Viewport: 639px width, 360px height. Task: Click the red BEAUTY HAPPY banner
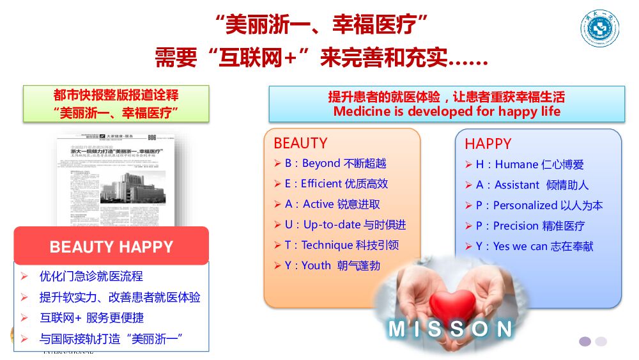pyautogui.click(x=111, y=246)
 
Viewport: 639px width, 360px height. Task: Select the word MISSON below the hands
pyautogui.click(x=450, y=329)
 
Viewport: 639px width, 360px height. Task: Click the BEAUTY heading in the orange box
pyautogui.click(x=300, y=143)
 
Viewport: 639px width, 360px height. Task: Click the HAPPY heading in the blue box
pyautogui.click(x=488, y=144)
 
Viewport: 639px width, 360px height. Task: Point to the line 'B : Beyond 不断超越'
pyautogui.click(x=335, y=164)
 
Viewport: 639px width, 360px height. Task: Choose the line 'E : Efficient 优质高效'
pyautogui.click(x=336, y=184)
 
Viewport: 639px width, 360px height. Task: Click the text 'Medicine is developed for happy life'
pyautogui.click(x=447, y=112)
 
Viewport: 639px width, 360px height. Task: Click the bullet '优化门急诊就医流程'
pyautogui.click(x=91, y=277)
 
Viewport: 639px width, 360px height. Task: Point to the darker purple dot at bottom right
pyautogui.click(x=585, y=341)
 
